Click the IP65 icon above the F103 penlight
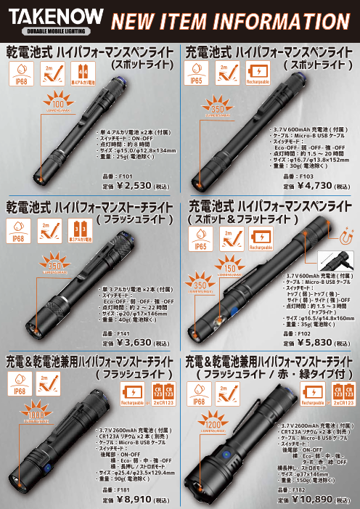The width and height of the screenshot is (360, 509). [196, 75]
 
